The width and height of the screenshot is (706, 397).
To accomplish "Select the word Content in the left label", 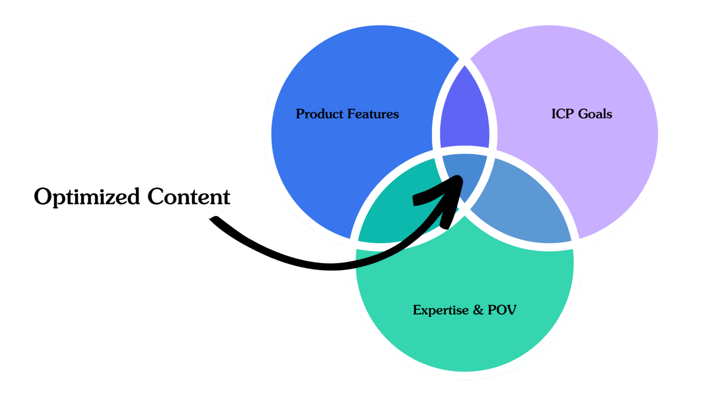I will point(189,197).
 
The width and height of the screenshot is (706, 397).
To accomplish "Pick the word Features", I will point(373,114).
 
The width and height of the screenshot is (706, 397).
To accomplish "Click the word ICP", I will point(561,114).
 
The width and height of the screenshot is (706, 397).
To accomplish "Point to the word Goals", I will point(595,114).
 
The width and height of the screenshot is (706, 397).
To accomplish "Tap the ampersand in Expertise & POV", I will point(478,311).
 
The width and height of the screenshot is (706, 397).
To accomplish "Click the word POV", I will point(502,310).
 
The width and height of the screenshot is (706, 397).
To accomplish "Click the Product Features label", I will point(347,114).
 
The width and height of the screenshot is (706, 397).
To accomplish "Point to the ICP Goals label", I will point(581,114).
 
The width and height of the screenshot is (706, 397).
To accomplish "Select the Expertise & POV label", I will point(465,310).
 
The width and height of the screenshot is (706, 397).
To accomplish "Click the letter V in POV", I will point(511,310).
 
